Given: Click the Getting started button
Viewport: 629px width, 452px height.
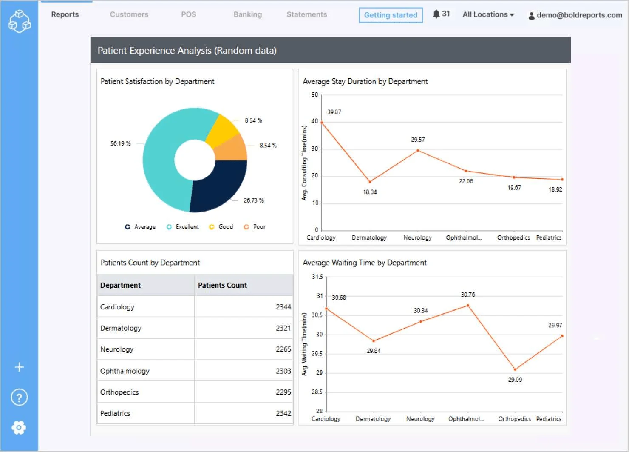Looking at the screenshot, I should click(391, 15).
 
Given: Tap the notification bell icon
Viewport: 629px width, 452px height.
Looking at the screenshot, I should click(436, 14).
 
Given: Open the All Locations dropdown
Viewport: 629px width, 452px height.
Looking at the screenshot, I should click(488, 14).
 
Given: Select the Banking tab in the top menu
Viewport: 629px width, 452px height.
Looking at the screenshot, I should click(247, 14).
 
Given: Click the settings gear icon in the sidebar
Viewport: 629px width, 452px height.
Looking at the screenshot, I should click(19, 427).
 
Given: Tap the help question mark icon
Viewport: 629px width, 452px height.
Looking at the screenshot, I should click(19, 398).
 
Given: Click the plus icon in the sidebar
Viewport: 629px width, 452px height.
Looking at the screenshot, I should click(19, 367).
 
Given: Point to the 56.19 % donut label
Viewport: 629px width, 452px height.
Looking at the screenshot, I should click(120, 143).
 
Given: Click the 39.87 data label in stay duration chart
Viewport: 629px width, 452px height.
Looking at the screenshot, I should click(334, 112).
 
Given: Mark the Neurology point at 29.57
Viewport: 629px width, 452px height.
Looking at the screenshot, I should click(418, 150).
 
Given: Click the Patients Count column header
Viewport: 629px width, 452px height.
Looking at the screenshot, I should click(222, 285).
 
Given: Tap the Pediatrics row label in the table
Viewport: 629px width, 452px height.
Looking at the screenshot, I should click(115, 413).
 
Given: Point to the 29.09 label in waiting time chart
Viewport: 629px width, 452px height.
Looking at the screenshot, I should click(515, 380).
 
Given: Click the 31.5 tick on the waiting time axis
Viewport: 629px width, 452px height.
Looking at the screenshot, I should click(317, 277).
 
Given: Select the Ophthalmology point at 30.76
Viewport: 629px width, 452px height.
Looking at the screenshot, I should click(468, 305).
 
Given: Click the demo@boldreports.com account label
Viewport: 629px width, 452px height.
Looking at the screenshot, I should click(579, 15).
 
